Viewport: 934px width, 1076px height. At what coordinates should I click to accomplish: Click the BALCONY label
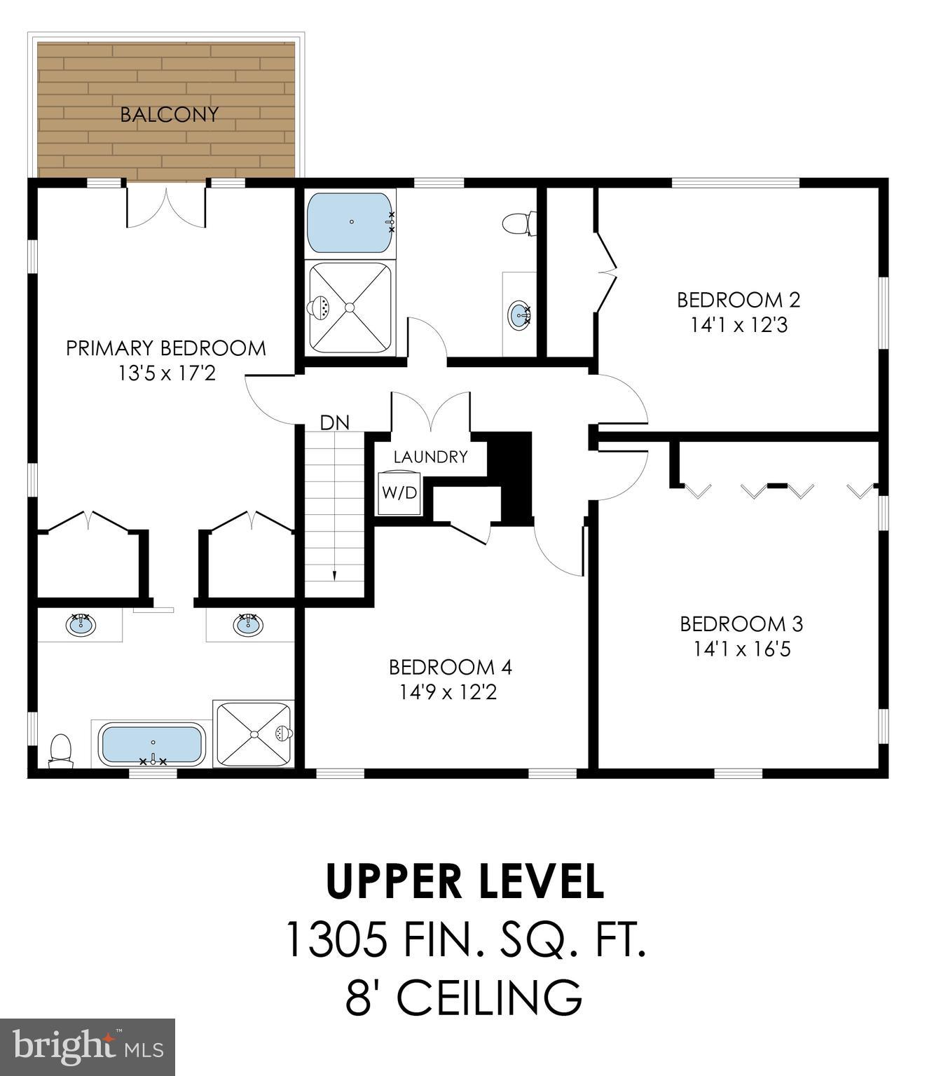[169, 114]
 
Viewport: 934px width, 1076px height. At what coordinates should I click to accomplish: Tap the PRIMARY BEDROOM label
[166, 348]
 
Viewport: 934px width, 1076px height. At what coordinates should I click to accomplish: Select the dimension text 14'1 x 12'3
[739, 326]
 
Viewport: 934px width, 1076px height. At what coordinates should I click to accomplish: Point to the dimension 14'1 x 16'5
[741, 649]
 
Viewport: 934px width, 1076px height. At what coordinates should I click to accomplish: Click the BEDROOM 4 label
[450, 667]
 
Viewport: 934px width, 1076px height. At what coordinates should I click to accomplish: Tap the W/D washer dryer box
[399, 493]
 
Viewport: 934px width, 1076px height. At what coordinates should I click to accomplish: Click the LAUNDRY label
[430, 457]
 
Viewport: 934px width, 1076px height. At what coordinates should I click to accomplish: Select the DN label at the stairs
[334, 422]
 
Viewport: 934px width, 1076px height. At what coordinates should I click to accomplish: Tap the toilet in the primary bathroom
[60, 751]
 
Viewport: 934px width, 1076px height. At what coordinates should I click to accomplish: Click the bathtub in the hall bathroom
[350, 222]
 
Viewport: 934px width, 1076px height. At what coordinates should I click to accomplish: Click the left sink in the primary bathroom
[81, 623]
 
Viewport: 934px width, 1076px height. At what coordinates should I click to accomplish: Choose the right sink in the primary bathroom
[247, 623]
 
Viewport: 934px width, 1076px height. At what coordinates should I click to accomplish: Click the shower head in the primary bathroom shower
[283, 733]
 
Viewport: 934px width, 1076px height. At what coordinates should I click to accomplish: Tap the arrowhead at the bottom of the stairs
[334, 576]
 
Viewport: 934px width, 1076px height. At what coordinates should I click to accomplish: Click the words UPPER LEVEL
[465, 881]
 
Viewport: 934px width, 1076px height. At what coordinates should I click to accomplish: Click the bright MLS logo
[87, 1047]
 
